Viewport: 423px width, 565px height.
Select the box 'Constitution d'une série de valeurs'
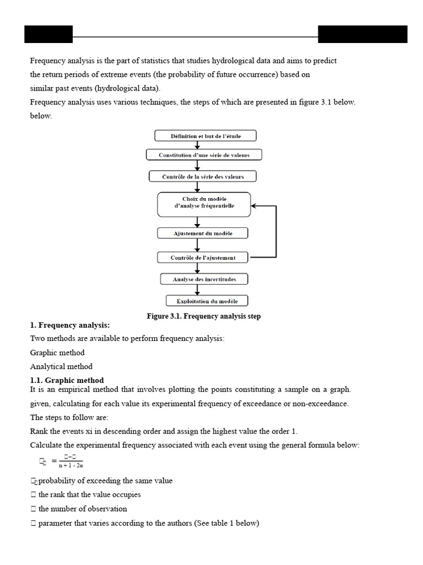(x=204, y=155)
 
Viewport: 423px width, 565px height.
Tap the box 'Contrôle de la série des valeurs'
(x=203, y=177)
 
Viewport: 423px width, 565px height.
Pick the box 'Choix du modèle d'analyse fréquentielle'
(x=204, y=204)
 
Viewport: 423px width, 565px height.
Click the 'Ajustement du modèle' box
(x=204, y=233)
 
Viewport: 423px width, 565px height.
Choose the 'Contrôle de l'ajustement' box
(x=203, y=258)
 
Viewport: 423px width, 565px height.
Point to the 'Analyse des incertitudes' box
(x=204, y=279)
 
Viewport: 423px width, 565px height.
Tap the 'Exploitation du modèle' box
(x=207, y=301)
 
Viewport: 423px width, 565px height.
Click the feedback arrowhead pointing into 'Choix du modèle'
(x=254, y=206)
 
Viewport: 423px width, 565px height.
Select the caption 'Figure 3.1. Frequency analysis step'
(x=203, y=316)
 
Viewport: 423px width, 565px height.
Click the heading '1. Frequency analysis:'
(x=70, y=326)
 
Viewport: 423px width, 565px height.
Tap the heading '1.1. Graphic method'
(x=67, y=380)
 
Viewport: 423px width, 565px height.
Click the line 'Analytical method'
(x=61, y=366)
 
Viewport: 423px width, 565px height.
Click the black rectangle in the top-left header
(x=48, y=34)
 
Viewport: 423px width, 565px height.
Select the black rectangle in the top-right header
(x=362, y=34)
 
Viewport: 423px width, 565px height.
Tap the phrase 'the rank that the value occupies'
(x=89, y=494)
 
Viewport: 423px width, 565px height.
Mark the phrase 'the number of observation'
(x=83, y=509)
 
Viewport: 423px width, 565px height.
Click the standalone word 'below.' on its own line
(x=41, y=116)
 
